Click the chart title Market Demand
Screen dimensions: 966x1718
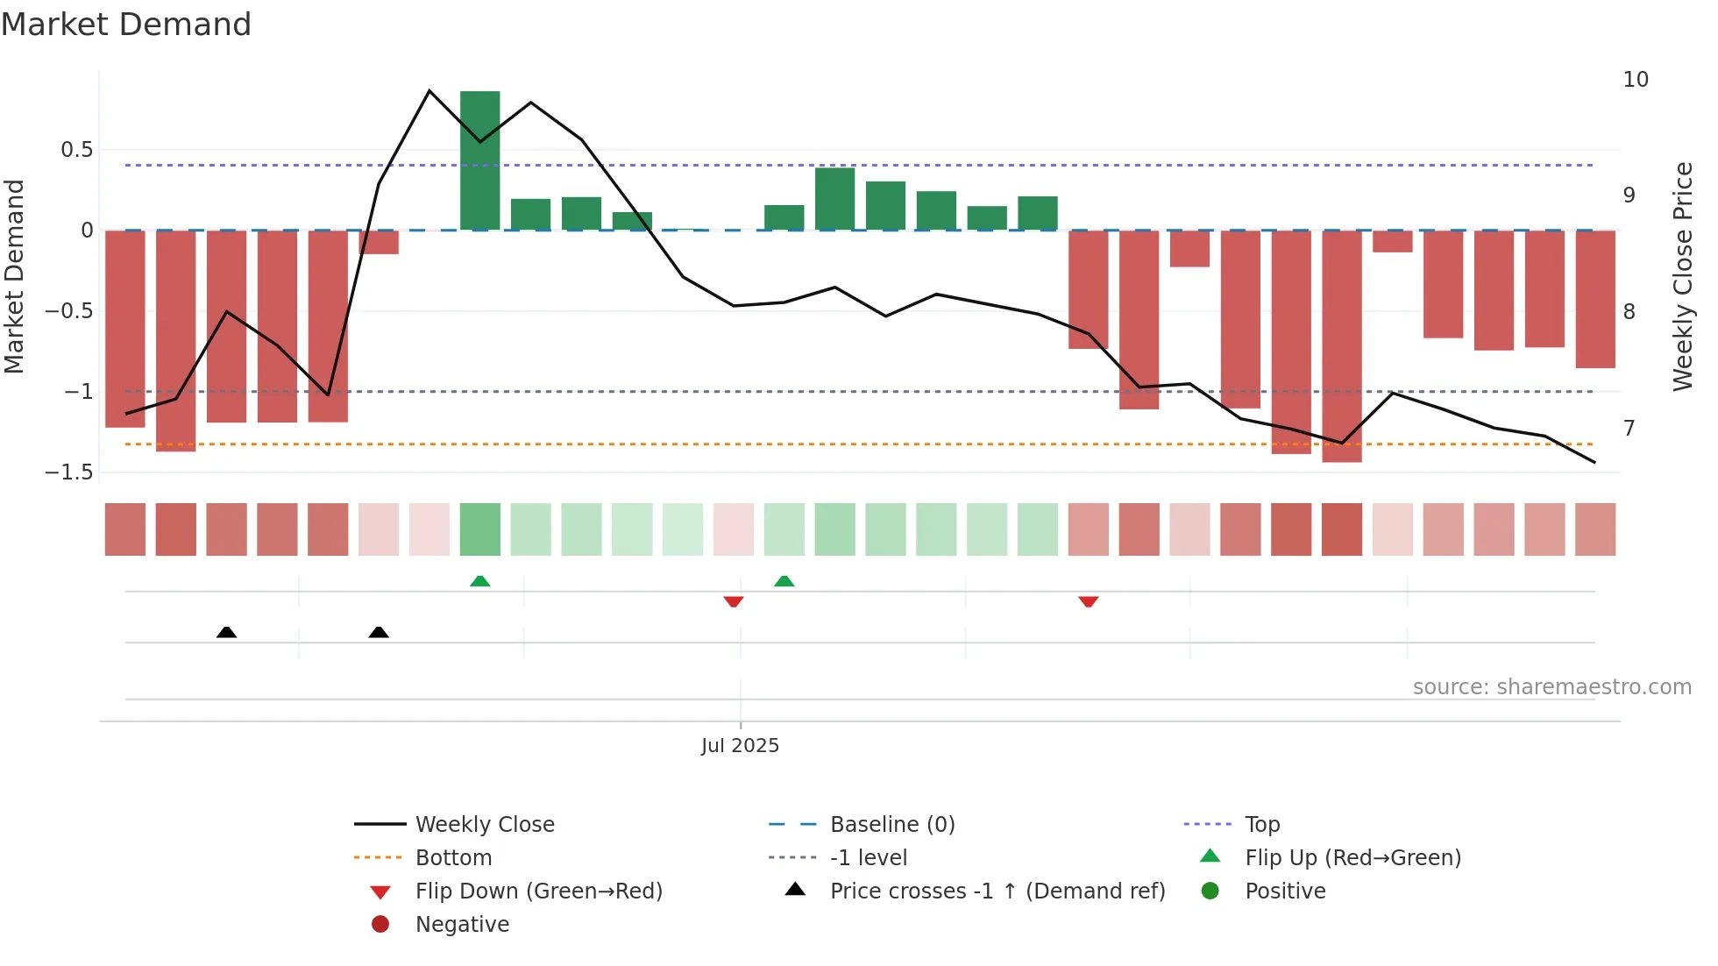[126, 25]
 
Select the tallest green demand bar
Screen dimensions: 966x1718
[479, 160]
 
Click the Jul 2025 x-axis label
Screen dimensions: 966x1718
[740, 746]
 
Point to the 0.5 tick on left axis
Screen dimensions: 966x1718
[77, 150]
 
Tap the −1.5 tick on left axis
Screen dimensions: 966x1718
[69, 472]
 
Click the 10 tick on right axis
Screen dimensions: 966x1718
[1636, 80]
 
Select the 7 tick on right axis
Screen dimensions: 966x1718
[1629, 429]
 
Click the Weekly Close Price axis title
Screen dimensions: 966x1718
[1682, 276]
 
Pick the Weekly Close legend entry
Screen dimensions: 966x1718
[484, 825]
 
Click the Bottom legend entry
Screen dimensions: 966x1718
[453, 858]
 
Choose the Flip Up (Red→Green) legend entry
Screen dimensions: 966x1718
[1352, 858]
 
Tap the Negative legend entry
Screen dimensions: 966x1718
[462, 925]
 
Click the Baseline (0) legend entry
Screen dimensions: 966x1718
[891, 825]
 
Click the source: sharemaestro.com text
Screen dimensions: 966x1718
[1551, 687]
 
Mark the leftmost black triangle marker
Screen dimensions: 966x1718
[226, 632]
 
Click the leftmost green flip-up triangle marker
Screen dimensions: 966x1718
[479, 581]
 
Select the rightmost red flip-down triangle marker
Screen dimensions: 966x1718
[1088, 601]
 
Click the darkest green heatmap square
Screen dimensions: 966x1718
[479, 529]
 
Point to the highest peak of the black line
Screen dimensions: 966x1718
[429, 91]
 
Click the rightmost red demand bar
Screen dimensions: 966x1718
[1594, 299]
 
